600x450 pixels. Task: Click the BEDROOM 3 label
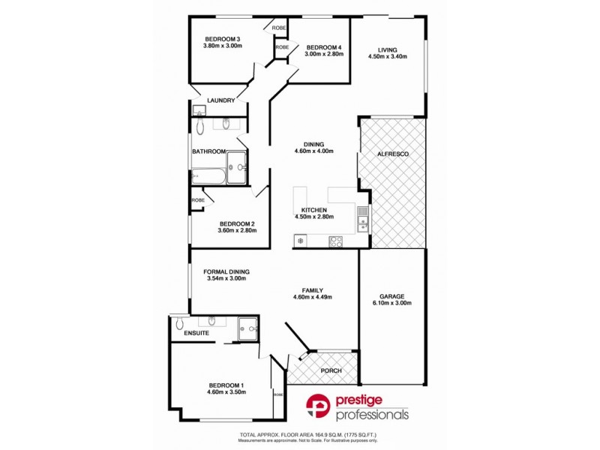(222, 39)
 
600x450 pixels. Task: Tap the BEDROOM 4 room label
(324, 46)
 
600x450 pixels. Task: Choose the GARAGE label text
(392, 295)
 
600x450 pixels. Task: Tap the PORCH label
(331, 370)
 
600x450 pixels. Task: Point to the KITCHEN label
(313, 210)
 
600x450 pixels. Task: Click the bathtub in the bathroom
(208, 177)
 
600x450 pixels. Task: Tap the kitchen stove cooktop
(336, 241)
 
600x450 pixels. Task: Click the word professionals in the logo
(372, 414)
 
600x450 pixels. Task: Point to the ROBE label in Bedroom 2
(198, 200)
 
